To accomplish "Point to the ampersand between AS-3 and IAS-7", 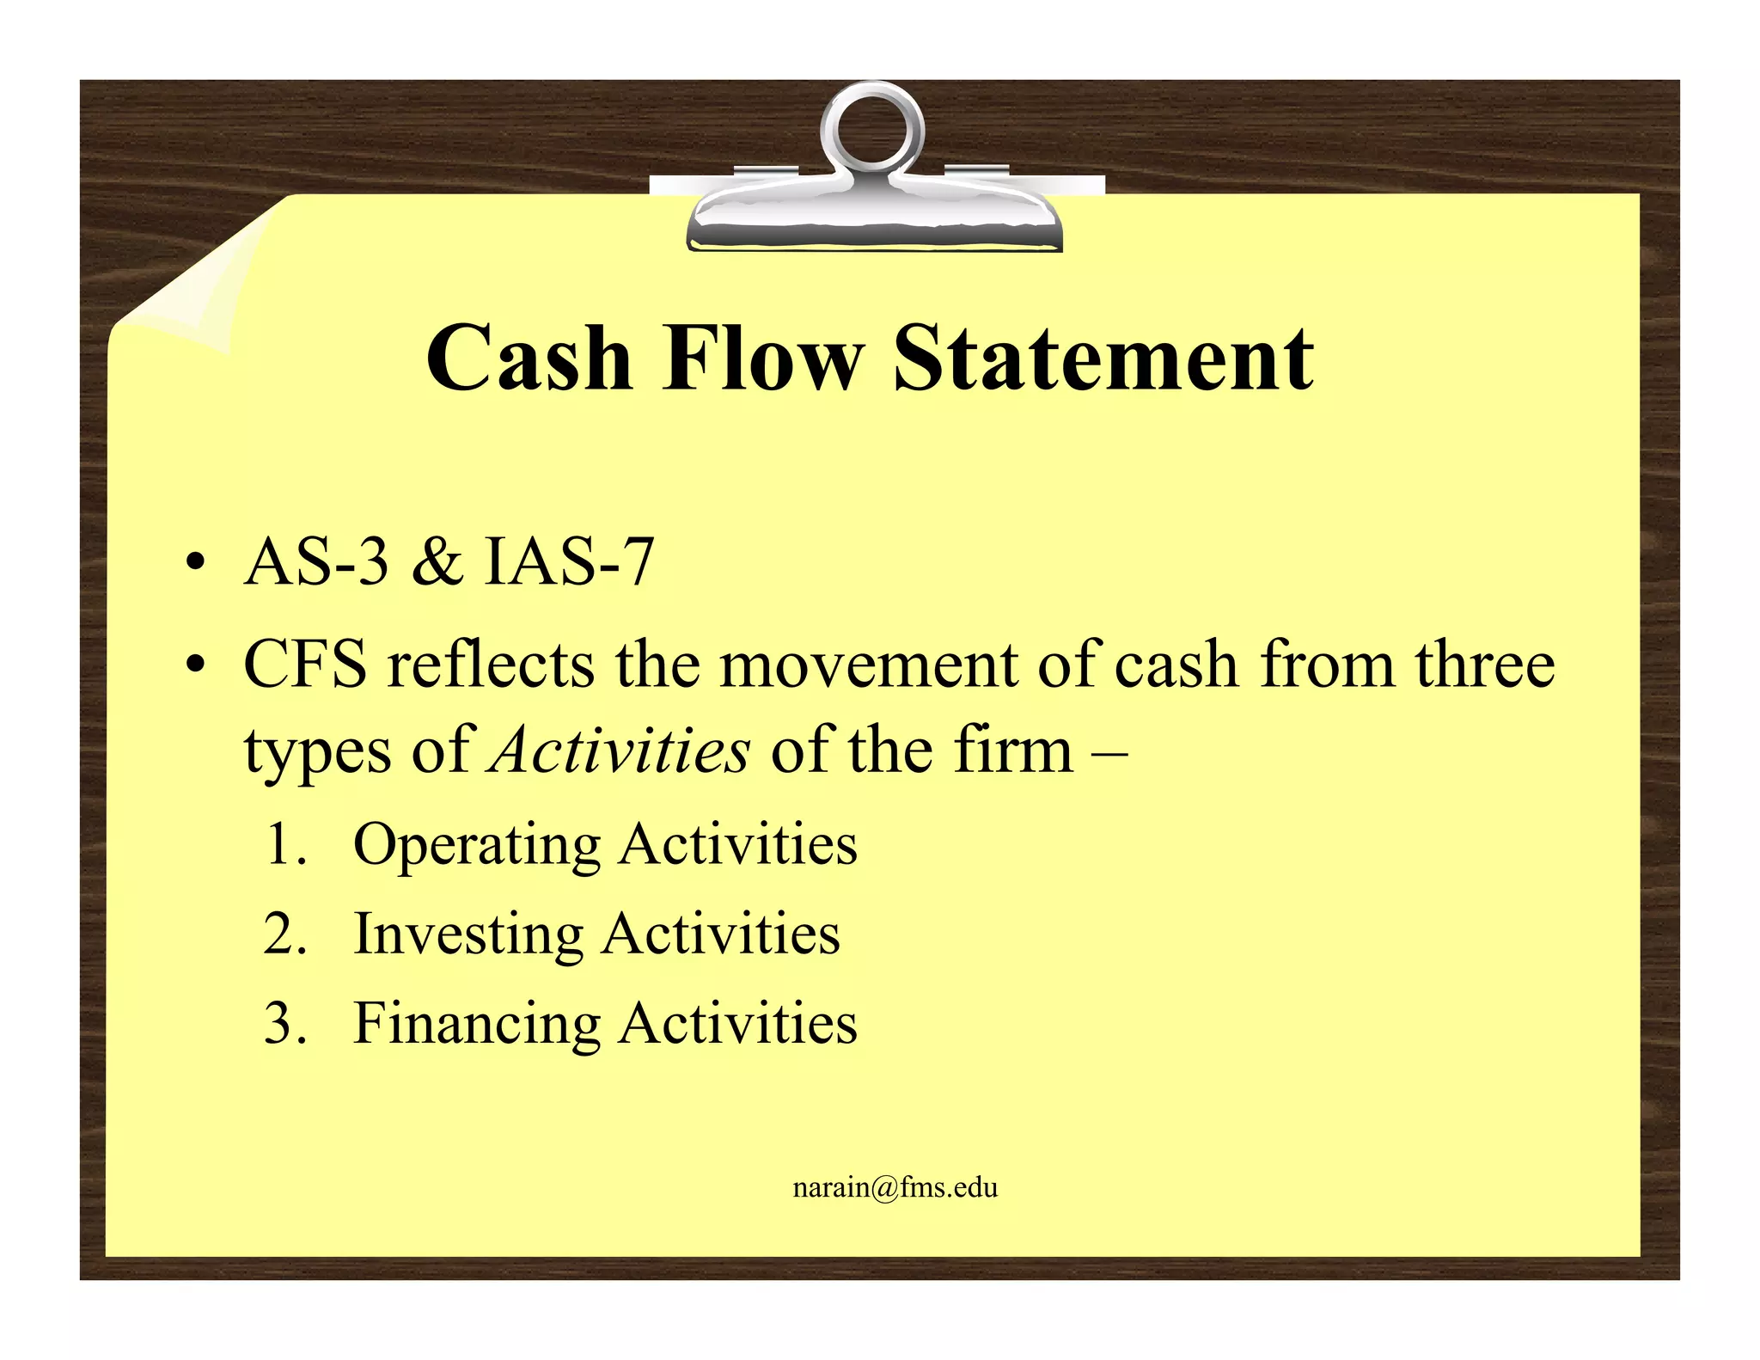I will coord(437,563).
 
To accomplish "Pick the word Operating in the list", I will coord(477,846).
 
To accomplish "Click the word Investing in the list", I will coord(468,935).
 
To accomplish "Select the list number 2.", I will coord(284,934).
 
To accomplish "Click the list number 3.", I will coord(284,1024).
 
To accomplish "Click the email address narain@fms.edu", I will coord(895,1188).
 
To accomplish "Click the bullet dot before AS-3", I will coord(197,565).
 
